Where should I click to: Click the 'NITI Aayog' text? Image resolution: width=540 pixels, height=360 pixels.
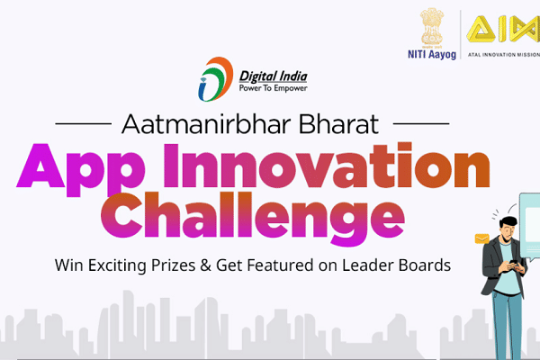pyautogui.click(x=429, y=54)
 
